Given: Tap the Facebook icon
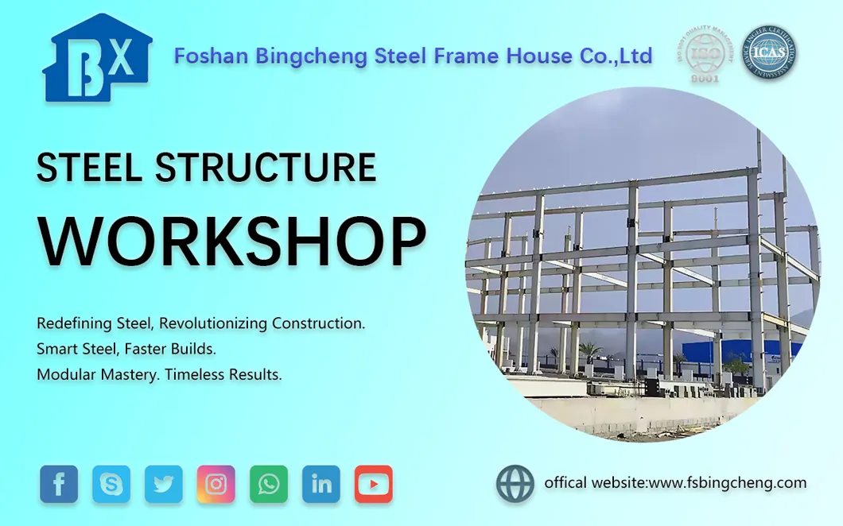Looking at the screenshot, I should tap(59, 484).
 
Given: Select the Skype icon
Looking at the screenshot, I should tap(111, 484).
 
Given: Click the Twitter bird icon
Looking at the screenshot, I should tap(164, 484).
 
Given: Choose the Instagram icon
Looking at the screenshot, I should tap(216, 484).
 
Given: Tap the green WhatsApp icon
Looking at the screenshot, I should tap(269, 484).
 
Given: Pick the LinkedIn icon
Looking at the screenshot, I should tap(321, 484).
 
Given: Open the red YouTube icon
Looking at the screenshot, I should tap(374, 484).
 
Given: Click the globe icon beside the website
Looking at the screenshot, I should tap(515, 484).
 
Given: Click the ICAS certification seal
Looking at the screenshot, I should tap(770, 54).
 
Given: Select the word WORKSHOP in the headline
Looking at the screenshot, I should tap(232, 240).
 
